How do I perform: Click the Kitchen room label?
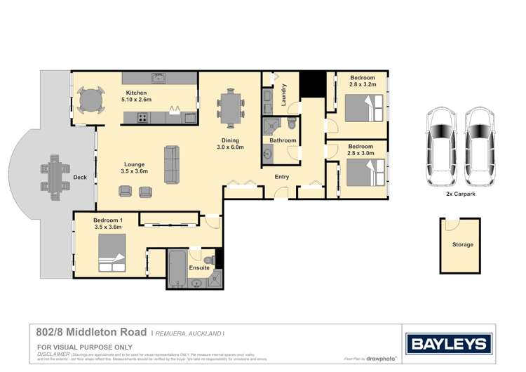pyautogui.click(x=136, y=93)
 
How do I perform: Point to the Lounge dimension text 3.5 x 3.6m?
pyautogui.click(x=135, y=171)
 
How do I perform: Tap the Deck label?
pyautogui.click(x=80, y=178)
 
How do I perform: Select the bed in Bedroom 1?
pyautogui.click(x=112, y=251)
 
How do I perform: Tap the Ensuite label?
pyautogui.click(x=200, y=267)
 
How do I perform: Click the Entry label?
pyautogui.click(x=281, y=177)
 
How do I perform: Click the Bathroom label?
pyautogui.click(x=283, y=140)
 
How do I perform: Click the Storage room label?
pyautogui.click(x=462, y=245)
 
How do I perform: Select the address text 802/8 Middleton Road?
pyautogui.click(x=92, y=331)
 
